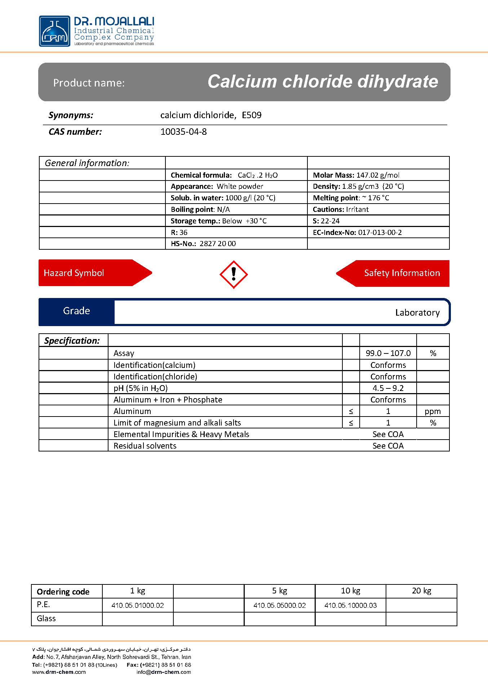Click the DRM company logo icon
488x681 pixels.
(54, 31)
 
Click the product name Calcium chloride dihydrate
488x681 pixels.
(323, 81)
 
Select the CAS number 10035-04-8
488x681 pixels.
(183, 132)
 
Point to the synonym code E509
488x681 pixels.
(252, 115)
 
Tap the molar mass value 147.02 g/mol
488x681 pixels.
(378, 175)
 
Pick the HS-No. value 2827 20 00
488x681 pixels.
(217, 244)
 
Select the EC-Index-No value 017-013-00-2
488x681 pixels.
(380, 232)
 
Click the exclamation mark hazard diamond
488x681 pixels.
(234, 275)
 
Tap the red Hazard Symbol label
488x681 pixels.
(74, 273)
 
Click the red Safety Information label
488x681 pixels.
(402, 273)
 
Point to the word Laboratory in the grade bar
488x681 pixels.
(417, 313)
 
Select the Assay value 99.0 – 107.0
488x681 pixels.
(388, 353)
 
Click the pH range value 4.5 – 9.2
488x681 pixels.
(388, 388)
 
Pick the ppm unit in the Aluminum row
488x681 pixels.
(432, 411)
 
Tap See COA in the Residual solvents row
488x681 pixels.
(388, 446)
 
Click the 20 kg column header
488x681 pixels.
(421, 591)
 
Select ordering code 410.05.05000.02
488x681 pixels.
(279, 605)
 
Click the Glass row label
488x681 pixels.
(46, 619)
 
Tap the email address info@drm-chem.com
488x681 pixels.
(164, 672)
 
